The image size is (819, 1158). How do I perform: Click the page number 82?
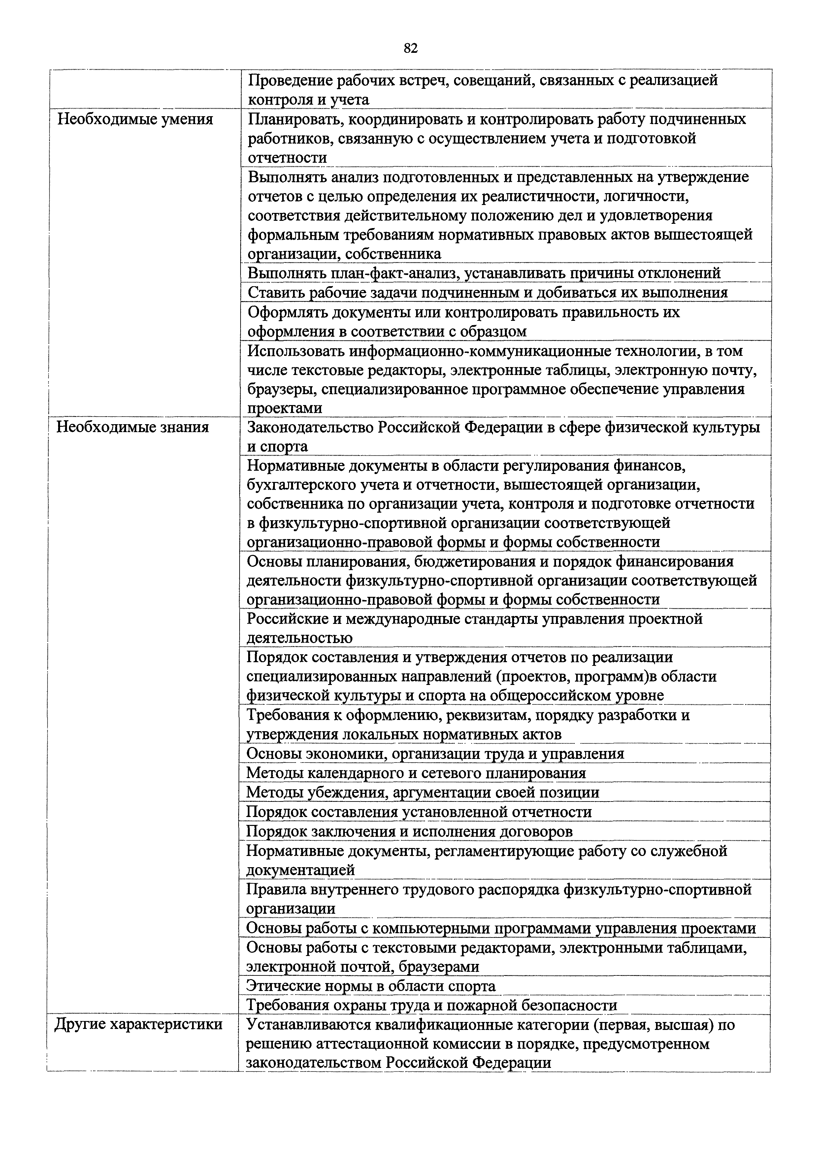pos(410,49)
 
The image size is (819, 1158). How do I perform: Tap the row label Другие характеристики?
pos(138,1024)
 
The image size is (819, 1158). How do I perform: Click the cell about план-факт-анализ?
pos(484,273)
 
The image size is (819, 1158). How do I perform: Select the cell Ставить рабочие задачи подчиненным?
pos(488,292)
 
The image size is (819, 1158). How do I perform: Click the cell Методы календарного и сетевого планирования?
pos(416,773)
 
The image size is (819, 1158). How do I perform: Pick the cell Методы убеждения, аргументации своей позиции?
pos(423,792)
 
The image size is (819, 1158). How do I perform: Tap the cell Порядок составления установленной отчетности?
pos(419,812)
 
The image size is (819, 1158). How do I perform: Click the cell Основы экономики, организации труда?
pos(435,754)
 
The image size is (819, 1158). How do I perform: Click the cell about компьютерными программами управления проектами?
pos(501,928)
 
